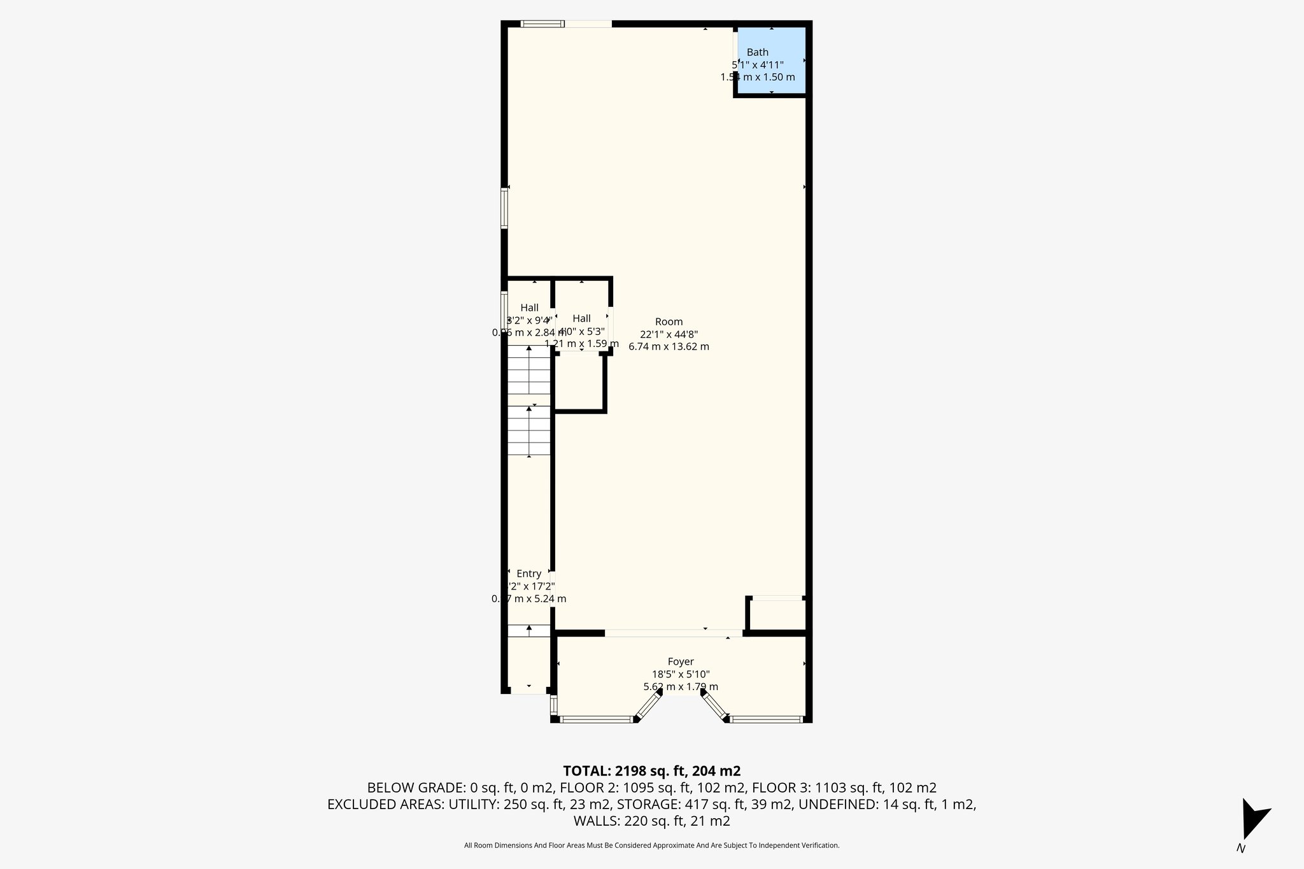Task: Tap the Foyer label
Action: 680,661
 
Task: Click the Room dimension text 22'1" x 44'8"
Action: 669,334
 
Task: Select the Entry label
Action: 528,574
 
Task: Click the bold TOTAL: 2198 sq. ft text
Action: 651,771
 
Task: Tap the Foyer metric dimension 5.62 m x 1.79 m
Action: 680,687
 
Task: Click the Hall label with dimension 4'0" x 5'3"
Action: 581,318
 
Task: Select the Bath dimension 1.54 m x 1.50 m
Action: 758,77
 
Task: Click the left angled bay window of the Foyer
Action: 649,706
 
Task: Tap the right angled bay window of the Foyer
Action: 715,706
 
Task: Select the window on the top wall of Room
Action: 542,24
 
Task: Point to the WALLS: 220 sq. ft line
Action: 651,821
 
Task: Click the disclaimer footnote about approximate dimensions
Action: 651,845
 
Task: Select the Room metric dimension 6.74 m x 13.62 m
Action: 669,347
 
